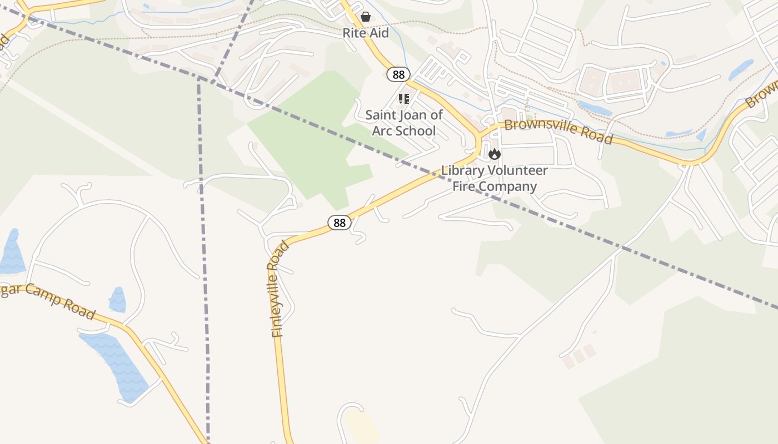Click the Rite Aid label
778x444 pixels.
click(x=365, y=33)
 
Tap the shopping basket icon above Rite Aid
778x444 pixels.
click(x=366, y=17)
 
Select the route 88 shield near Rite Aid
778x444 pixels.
click(x=398, y=74)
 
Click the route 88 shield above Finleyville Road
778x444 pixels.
click(x=340, y=223)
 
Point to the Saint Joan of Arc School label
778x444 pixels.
click(x=404, y=123)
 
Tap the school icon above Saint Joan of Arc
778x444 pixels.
click(x=403, y=99)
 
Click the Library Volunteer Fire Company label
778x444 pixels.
click(x=494, y=178)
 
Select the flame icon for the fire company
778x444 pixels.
click(x=494, y=154)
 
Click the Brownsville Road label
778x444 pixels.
click(x=558, y=131)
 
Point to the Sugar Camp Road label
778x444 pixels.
click(x=47, y=300)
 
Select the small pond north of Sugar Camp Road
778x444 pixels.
click(x=117, y=300)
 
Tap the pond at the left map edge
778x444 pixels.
click(x=11, y=253)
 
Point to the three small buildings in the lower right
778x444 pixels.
click(x=578, y=356)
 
